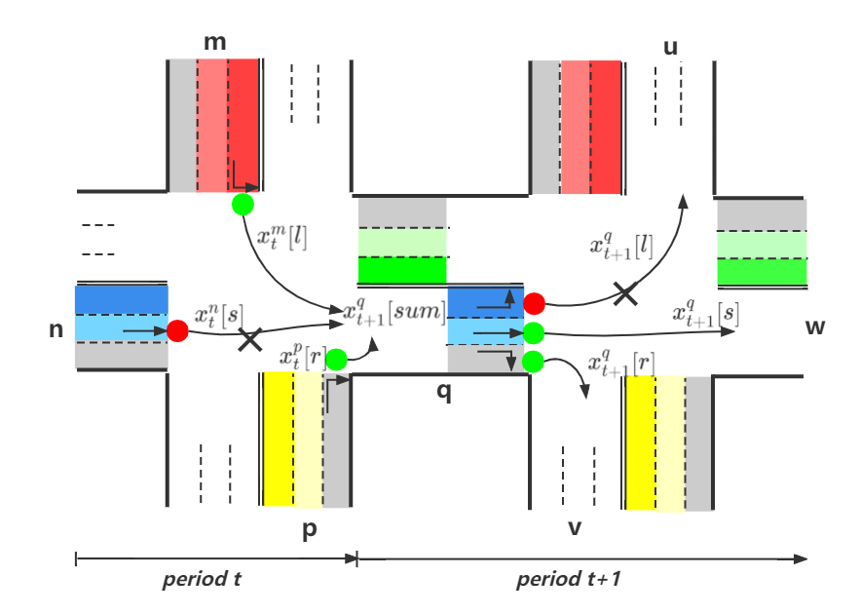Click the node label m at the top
pyautogui.click(x=214, y=43)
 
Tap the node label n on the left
pyautogui.click(x=56, y=329)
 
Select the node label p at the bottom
pyautogui.click(x=310, y=531)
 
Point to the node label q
pyautogui.click(x=443, y=393)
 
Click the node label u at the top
pyautogui.click(x=670, y=47)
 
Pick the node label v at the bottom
pyautogui.click(x=575, y=527)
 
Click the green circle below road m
pyautogui.click(x=243, y=205)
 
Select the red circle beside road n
pyautogui.click(x=177, y=331)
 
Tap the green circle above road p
pyautogui.click(x=336, y=360)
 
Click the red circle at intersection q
pyautogui.click(x=534, y=303)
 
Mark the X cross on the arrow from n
pyautogui.click(x=250, y=338)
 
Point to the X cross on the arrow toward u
pyautogui.click(x=624, y=292)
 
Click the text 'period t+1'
pyautogui.click(x=568, y=579)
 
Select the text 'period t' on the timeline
pyautogui.click(x=202, y=579)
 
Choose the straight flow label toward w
pyautogui.click(x=704, y=314)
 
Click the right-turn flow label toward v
pyautogui.click(x=620, y=365)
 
